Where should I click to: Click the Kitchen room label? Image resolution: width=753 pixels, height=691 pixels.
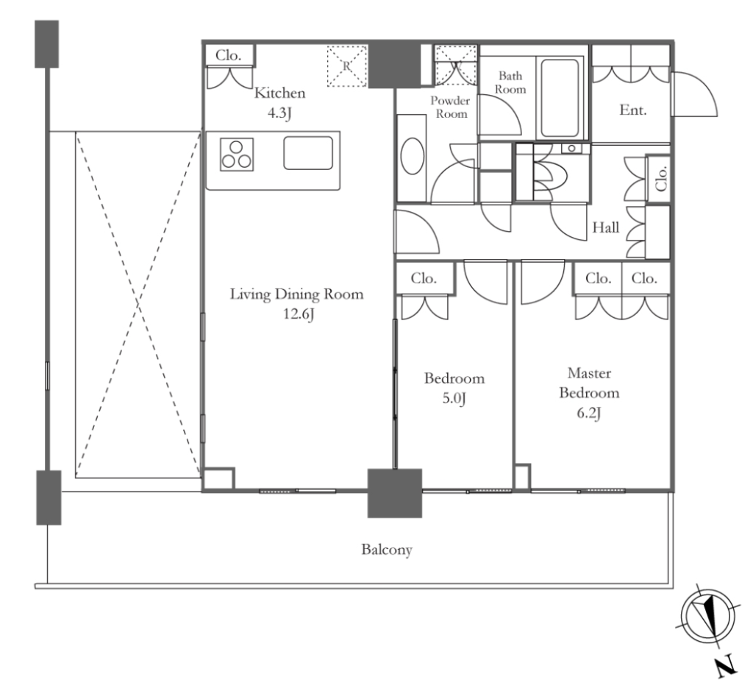tap(279, 93)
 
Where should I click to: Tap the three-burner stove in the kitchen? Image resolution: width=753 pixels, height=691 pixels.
tap(237, 155)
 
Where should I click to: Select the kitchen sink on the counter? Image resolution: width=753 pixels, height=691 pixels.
tap(308, 153)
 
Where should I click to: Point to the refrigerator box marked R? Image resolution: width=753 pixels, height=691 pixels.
tap(347, 66)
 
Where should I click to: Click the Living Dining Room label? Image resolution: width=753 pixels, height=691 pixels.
tap(296, 294)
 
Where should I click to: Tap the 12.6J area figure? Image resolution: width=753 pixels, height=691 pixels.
tap(299, 314)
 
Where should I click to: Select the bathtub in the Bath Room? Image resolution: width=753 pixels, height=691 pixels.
tap(560, 98)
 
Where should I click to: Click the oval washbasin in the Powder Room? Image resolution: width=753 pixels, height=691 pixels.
tap(412, 156)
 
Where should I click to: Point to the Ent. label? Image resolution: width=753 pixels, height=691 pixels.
tap(633, 110)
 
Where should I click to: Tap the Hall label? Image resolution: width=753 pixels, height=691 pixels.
tap(606, 227)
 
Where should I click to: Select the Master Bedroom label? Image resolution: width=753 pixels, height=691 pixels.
tap(589, 383)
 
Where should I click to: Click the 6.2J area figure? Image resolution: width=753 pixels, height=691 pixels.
tap(589, 414)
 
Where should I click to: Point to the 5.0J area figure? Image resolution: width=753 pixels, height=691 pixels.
tap(454, 398)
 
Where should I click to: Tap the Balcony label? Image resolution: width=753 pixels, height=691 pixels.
tap(387, 550)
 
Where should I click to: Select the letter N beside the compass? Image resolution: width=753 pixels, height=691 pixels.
tap(726, 666)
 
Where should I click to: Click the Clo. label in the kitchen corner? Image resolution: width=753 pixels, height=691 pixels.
tap(228, 55)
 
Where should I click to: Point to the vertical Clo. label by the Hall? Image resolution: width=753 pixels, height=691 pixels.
tap(661, 179)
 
